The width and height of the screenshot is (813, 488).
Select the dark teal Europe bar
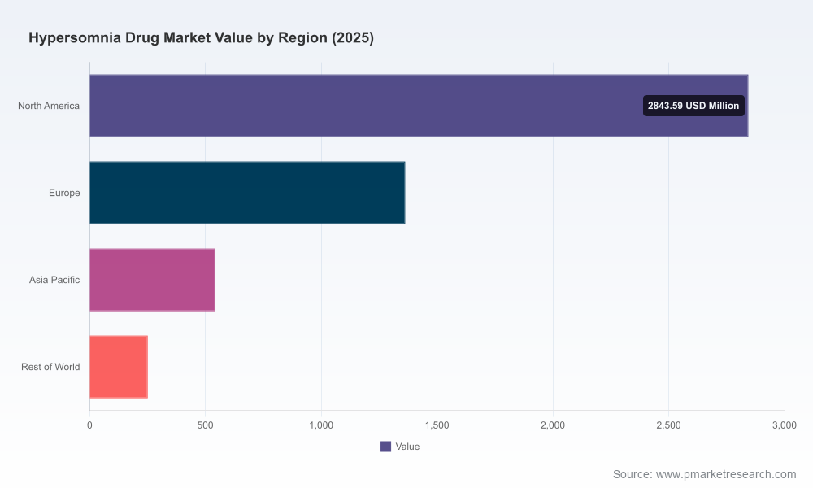247,193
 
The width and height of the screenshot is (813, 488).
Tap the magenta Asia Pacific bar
153,280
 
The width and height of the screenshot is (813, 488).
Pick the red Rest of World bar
119,367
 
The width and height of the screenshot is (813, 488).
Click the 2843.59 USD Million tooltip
693,106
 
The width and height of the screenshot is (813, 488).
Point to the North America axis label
49,106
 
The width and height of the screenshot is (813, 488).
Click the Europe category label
64,193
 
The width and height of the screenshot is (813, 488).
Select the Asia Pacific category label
54,280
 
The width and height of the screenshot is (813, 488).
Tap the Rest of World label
50,367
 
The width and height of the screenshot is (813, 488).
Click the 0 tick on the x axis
89,425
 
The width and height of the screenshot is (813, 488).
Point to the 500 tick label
206,425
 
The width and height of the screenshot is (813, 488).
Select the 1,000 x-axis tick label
321,425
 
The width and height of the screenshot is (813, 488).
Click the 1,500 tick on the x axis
437,425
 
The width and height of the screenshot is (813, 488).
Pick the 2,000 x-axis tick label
553,425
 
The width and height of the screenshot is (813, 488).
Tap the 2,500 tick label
669,425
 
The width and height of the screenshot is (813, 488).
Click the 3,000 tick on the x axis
785,425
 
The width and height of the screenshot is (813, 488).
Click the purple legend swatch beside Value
385,447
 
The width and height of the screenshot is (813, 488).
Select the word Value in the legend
407,447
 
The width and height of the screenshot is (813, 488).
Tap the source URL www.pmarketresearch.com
726,474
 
